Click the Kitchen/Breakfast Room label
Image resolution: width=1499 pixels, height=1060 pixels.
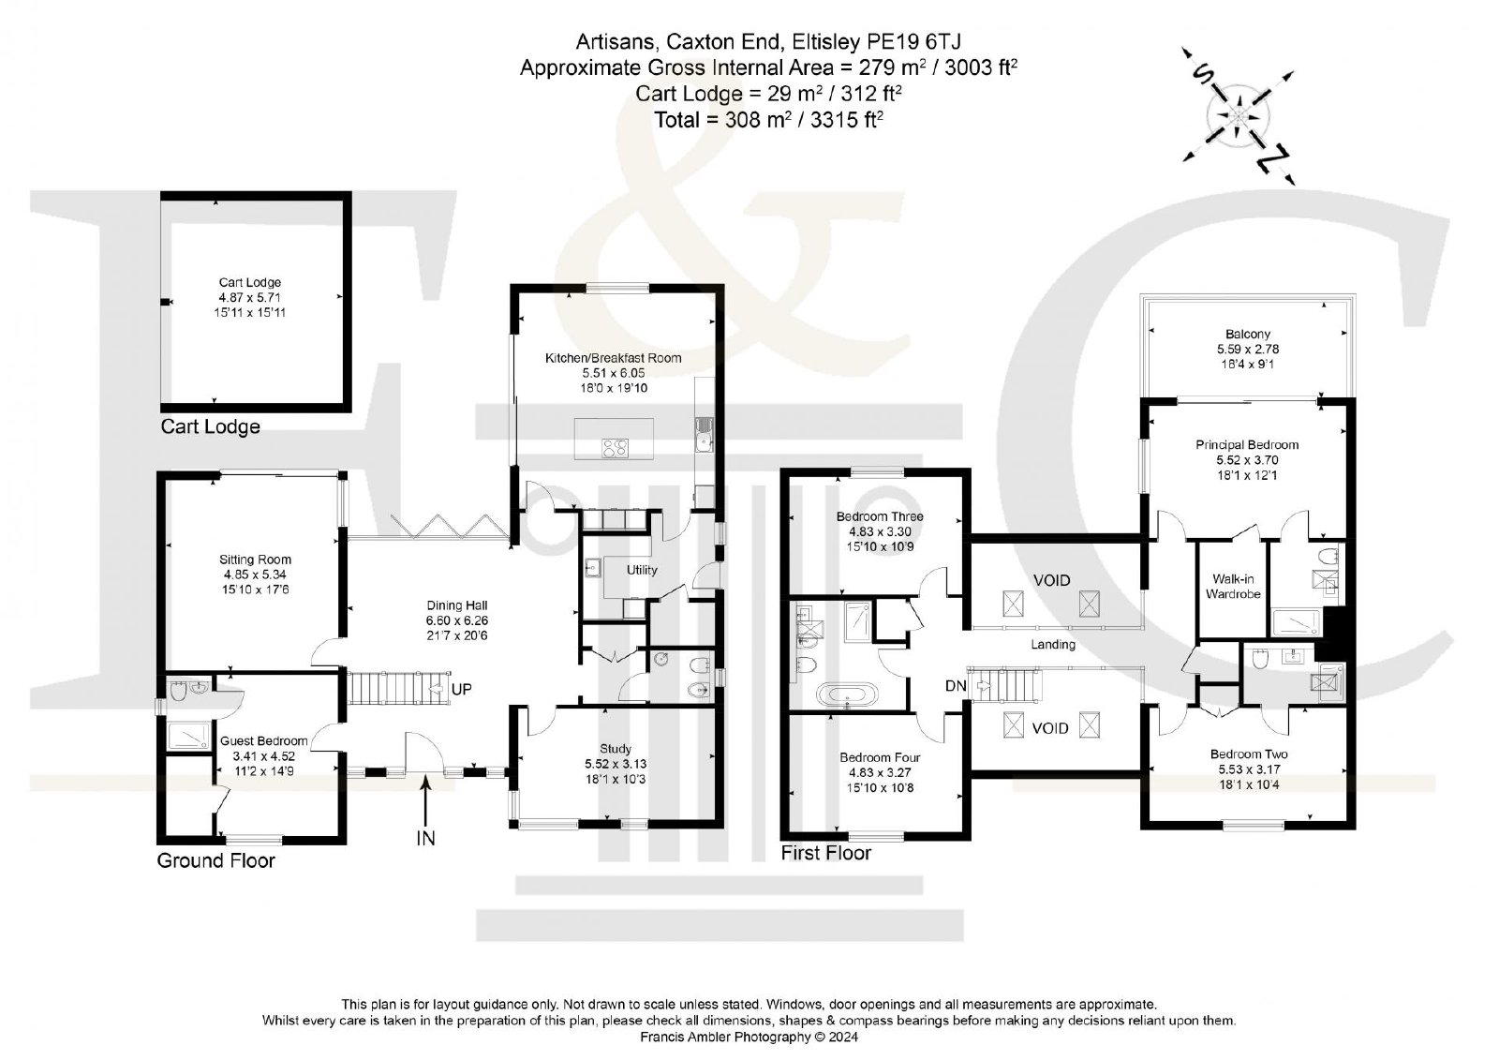613,358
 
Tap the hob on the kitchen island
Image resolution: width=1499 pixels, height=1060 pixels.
615,447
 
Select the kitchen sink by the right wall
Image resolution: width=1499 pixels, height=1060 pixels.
704,434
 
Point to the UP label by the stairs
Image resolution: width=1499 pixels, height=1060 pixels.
461,689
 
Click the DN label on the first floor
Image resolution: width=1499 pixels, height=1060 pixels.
956,686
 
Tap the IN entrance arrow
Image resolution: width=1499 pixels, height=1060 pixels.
425,801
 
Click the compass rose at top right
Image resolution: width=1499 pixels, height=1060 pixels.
1238,116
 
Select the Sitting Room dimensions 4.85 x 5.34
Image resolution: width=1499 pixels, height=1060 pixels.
255,575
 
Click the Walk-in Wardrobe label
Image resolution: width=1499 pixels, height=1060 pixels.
1233,587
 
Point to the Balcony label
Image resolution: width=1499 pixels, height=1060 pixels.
1247,335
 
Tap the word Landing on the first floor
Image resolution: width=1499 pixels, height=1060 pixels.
1053,644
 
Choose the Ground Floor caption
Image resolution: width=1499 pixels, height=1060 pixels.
215,860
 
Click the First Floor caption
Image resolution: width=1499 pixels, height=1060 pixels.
825,853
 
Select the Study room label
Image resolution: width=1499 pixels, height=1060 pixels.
615,749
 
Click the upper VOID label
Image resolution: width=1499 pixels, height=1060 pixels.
1051,580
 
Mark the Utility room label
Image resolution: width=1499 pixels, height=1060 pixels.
641,570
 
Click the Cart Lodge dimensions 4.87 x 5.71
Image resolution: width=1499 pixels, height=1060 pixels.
249,297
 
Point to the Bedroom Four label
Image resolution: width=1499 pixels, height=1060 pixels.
880,757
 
